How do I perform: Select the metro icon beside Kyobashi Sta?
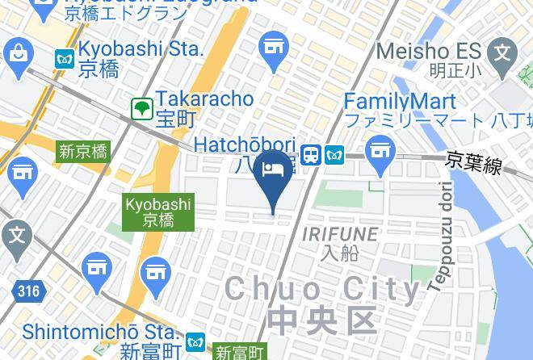65,58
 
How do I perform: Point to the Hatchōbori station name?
245,145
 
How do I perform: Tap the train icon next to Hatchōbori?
310,154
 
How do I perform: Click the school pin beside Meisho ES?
502,55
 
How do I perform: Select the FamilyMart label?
399,102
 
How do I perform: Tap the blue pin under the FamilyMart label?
379,151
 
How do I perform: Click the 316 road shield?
27,291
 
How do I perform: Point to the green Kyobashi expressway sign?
158,211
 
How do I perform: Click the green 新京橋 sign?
84,151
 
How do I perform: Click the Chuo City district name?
323,289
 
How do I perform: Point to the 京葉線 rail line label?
475,163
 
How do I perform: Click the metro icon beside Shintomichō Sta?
195,343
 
